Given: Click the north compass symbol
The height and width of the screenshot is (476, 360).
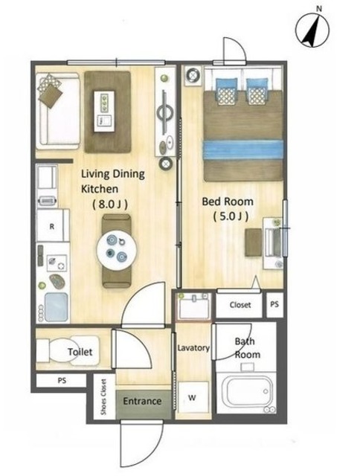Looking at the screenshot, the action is click(x=312, y=30).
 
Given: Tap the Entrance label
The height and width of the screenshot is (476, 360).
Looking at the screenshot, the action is click(x=142, y=401).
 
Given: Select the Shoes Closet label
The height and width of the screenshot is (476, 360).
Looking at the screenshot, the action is click(x=104, y=396).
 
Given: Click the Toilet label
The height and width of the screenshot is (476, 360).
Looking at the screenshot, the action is click(x=80, y=352).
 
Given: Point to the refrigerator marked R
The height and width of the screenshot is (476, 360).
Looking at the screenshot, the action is click(x=53, y=226).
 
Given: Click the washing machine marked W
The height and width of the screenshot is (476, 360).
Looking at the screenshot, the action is click(x=193, y=397).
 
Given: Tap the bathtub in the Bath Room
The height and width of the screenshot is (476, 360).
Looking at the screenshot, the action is click(x=245, y=393).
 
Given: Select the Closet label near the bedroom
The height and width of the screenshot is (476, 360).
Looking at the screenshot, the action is click(x=240, y=305).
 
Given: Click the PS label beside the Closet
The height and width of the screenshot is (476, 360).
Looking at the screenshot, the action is click(x=274, y=304).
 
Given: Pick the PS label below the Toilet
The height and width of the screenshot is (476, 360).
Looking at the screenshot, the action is click(x=62, y=380).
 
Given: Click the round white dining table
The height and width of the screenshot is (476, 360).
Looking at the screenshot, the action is click(x=118, y=250).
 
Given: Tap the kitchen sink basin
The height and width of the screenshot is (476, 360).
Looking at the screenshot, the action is click(x=56, y=307).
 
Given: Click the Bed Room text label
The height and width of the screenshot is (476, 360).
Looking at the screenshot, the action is click(x=228, y=202).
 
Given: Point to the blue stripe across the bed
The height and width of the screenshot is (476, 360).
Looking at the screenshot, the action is click(x=243, y=149).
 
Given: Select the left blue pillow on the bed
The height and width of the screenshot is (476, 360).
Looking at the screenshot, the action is click(x=226, y=91).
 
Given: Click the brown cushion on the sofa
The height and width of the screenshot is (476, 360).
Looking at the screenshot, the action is click(x=51, y=95).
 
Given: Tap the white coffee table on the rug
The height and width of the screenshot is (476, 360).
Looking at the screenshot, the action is click(x=104, y=111).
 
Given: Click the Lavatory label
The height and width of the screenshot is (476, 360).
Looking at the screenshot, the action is click(x=193, y=348).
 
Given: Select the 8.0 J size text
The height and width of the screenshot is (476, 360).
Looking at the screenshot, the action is click(x=109, y=205).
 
